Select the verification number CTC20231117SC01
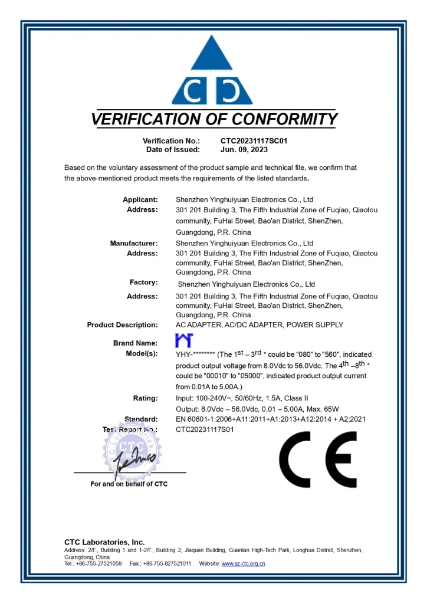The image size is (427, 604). [254, 141]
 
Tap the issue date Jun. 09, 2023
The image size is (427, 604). [244, 150]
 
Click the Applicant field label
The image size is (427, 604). [140, 199]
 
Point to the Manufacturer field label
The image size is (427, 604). [134, 243]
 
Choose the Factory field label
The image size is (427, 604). [143, 283]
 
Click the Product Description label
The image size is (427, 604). [122, 325]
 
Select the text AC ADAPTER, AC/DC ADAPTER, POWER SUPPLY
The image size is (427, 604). [260, 325]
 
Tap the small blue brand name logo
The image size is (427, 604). [185, 340]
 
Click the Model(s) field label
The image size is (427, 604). [142, 353]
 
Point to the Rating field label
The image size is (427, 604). [145, 398]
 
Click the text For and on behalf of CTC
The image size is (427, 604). [129, 484]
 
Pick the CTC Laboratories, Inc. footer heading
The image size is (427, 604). [104, 542]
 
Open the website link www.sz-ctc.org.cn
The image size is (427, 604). [243, 564]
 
